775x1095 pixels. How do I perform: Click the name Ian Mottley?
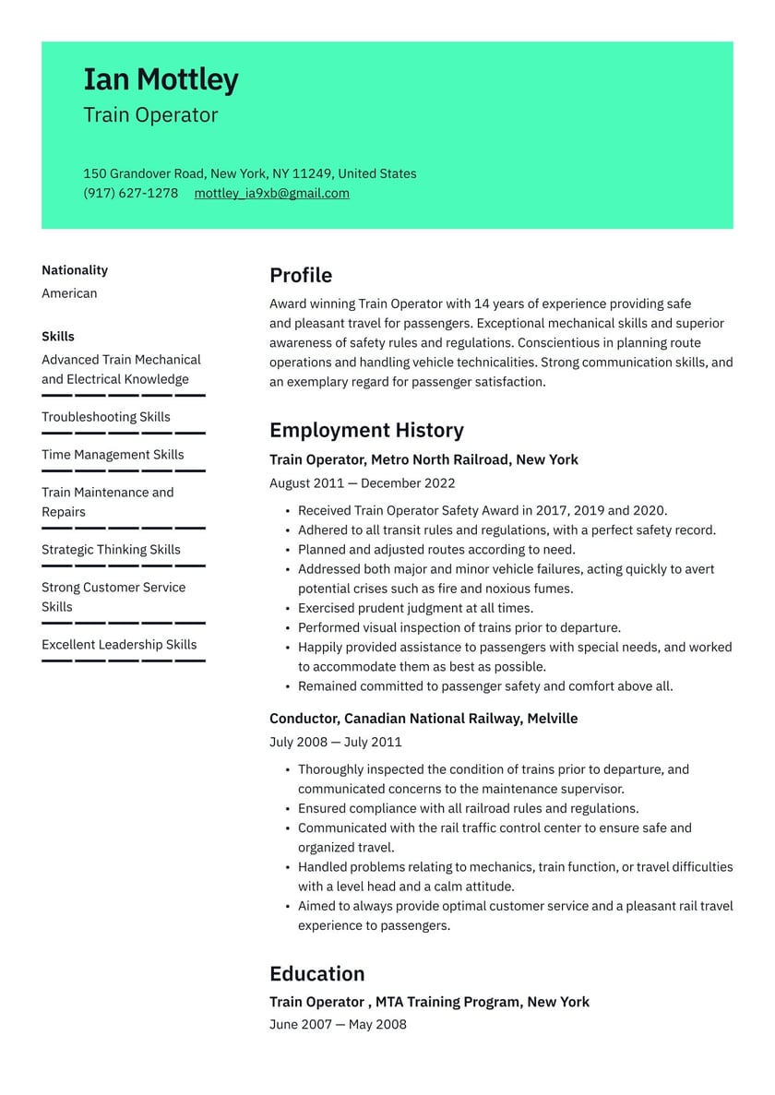point(161,80)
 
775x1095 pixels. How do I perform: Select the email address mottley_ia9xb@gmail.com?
point(271,193)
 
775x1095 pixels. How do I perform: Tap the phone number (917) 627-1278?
point(130,193)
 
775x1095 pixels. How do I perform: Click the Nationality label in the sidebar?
point(75,270)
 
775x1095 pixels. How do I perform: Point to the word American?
point(69,293)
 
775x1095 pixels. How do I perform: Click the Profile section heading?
point(301,275)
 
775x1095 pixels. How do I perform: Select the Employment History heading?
point(366,430)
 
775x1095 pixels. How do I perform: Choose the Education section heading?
point(316,973)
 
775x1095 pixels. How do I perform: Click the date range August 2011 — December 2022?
point(362,483)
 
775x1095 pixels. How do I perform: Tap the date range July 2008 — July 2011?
point(335,742)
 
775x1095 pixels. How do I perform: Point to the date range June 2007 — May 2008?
point(338,1024)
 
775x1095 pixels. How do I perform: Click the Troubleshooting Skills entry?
point(106,417)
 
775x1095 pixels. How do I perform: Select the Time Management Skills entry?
point(113,455)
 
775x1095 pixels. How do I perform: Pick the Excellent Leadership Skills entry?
point(119,645)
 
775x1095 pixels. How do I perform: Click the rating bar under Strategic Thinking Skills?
point(124,565)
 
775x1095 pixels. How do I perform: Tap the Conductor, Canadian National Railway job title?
point(423,719)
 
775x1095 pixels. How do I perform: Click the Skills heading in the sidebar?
point(58,337)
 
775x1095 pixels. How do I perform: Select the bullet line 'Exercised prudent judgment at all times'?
point(415,609)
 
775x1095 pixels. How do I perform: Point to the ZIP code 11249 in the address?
point(312,173)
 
